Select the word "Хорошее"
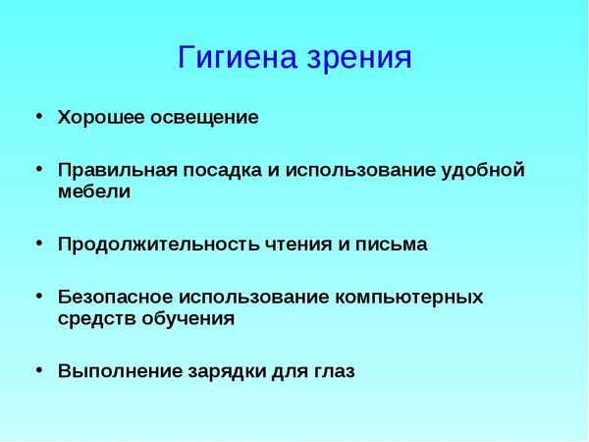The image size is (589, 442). [x=101, y=118]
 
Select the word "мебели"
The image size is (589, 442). [x=93, y=192]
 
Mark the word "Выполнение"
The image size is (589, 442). [x=116, y=372]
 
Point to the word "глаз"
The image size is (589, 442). [x=333, y=372]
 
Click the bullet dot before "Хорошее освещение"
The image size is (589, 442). [x=39, y=116]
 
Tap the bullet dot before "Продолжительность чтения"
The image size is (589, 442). [x=39, y=243]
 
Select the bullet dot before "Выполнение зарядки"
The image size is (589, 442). [x=39, y=370]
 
